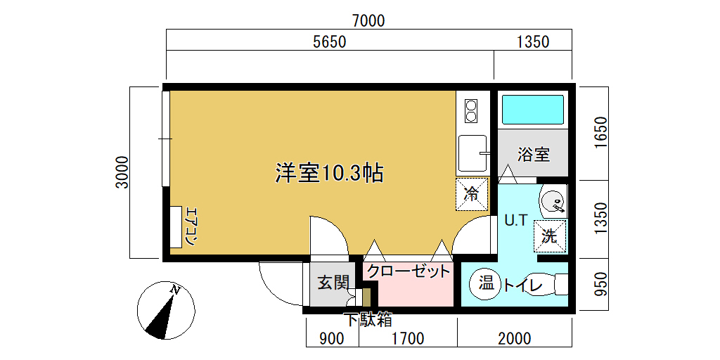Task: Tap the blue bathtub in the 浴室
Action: click(x=533, y=109)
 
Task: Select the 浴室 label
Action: click(x=533, y=155)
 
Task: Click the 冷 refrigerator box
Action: click(x=471, y=194)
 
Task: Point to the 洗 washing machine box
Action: click(x=550, y=236)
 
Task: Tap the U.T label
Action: click(x=515, y=221)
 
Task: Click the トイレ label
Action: click(x=523, y=285)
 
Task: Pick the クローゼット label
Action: click(x=409, y=271)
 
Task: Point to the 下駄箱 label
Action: click(x=368, y=320)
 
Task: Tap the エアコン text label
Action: click(x=191, y=227)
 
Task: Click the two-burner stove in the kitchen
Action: click(x=472, y=111)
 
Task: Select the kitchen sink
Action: click(x=472, y=153)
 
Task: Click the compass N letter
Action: click(x=174, y=289)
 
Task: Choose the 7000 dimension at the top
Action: click(x=368, y=20)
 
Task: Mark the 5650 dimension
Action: click(x=329, y=42)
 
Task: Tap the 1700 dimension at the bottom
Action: click(x=409, y=339)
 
